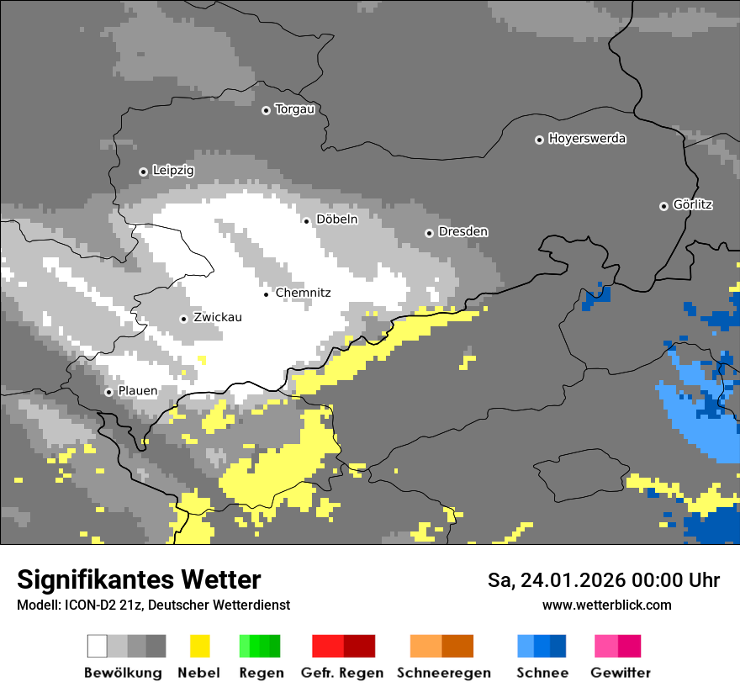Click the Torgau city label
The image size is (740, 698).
(294, 109)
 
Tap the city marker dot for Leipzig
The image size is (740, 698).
(143, 172)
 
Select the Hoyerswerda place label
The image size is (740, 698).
(587, 139)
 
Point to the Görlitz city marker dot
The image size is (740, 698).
(663, 206)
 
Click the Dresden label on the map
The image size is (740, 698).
(462, 232)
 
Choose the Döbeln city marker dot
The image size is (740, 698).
(306, 221)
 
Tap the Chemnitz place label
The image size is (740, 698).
(303, 293)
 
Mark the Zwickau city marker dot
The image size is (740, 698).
(183, 319)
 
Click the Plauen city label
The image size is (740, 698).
(137, 392)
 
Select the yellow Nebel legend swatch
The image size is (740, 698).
(199, 646)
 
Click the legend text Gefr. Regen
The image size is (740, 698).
(341, 673)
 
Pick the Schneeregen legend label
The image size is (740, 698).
(443, 673)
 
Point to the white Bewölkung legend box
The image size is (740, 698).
(98, 646)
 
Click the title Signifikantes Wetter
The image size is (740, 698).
(139, 579)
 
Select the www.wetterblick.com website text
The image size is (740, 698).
(606, 605)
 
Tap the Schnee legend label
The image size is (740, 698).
(542, 673)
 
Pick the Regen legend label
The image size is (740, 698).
(260, 673)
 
